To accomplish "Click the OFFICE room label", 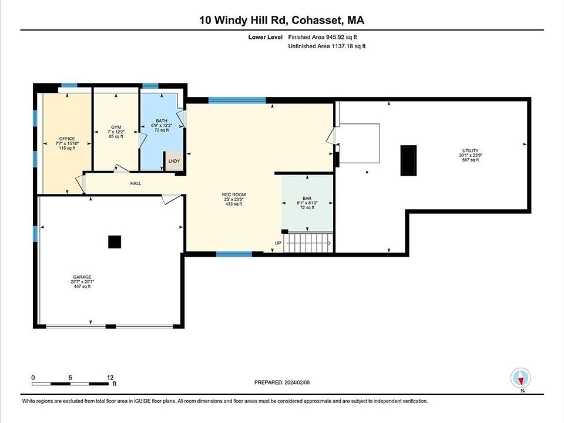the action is [x=67, y=139].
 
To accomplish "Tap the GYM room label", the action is [x=116, y=127].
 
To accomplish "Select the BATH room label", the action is [x=162, y=121].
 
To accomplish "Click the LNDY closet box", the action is [x=174, y=160].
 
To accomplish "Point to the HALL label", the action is [x=136, y=183].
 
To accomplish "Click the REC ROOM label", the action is [x=234, y=194].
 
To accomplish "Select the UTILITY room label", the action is [x=471, y=151].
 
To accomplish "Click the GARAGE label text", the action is [x=82, y=277].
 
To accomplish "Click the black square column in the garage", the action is [x=115, y=241].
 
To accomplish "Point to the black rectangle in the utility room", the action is [x=409, y=160].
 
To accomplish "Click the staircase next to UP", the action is [x=308, y=243].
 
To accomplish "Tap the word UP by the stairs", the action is [x=278, y=243].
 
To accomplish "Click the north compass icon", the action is [x=521, y=378].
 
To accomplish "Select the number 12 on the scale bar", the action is [x=110, y=377].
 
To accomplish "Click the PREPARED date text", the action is [x=282, y=382].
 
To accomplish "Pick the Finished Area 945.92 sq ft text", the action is [x=323, y=37].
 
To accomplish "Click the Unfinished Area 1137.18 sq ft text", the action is [x=327, y=46].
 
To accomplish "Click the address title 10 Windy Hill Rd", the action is [x=243, y=20].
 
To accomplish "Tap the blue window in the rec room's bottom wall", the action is [x=234, y=254].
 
